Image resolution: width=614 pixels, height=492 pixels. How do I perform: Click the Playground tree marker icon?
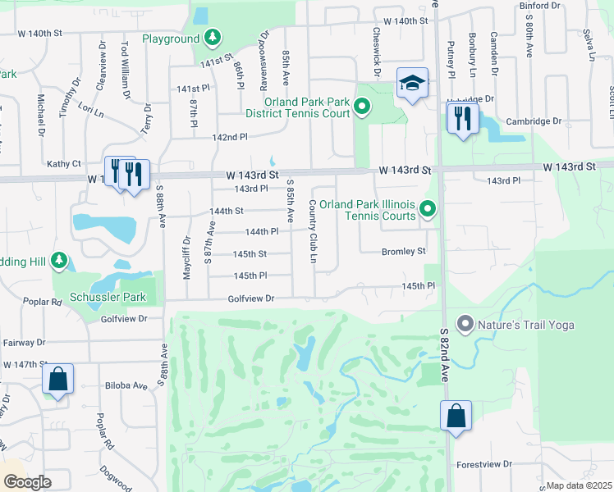[213, 38]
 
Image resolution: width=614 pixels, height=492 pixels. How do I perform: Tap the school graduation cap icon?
[412, 82]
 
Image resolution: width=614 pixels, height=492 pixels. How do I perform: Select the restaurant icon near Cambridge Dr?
[462, 118]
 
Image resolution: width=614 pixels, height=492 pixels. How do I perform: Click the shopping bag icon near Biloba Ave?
[57, 379]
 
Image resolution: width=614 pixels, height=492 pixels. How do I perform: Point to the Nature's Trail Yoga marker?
[465, 325]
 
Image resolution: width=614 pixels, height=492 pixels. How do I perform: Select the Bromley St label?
[403, 251]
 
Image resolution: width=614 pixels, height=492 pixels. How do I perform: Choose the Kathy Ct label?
[64, 164]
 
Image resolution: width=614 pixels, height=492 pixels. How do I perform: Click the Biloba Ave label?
[126, 385]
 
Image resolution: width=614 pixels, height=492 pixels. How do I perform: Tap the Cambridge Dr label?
[534, 121]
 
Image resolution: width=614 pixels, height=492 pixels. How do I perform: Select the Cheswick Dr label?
[376, 53]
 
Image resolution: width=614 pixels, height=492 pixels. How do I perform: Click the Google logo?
[27, 482]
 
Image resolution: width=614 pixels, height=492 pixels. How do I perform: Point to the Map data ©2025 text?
[580, 485]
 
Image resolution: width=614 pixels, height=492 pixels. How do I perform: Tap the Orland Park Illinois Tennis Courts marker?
[427, 211]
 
